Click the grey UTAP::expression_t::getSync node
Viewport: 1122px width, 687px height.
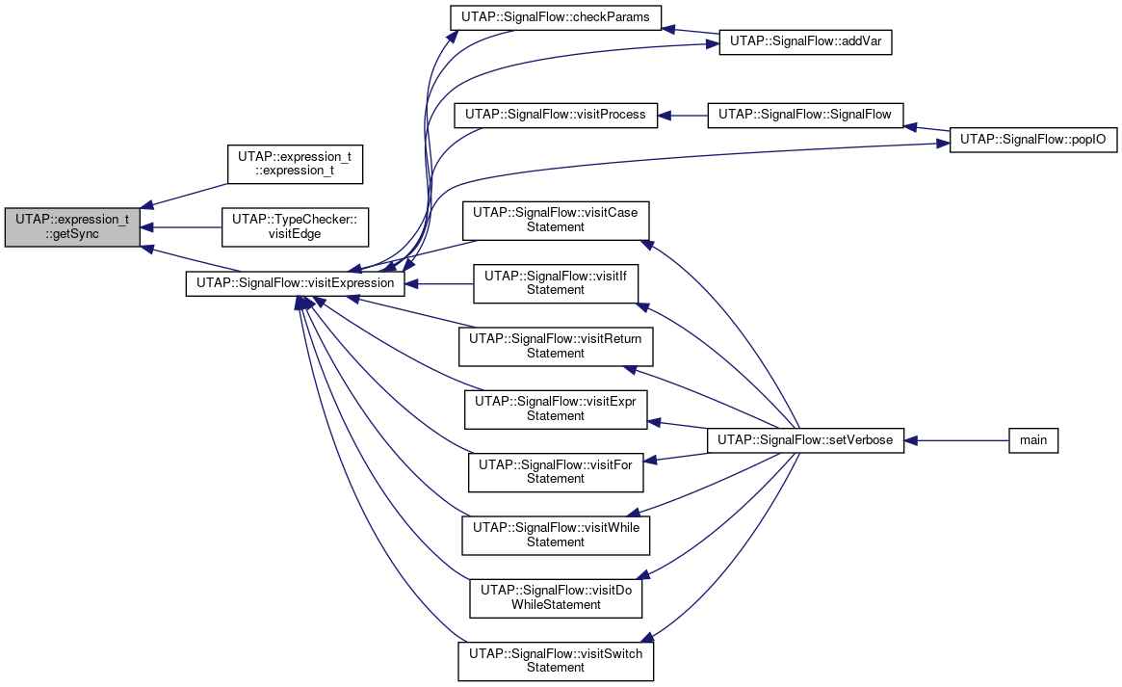coord(72,226)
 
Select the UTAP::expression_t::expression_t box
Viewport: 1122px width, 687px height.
coord(295,164)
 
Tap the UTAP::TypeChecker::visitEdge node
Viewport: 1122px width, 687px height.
coord(295,226)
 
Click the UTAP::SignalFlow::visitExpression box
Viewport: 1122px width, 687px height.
coord(295,283)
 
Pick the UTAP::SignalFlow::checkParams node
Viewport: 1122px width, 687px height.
coord(556,17)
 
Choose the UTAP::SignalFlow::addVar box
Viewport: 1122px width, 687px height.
coord(805,42)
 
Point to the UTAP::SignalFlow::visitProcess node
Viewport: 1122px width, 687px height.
coord(556,116)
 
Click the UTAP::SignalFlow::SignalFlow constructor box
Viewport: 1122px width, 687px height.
coord(805,116)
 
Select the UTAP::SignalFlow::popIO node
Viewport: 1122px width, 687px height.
coord(1033,140)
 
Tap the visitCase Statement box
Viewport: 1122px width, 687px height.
coord(556,221)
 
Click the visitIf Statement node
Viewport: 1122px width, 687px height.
coord(556,283)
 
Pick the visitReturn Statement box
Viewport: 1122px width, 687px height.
coord(556,346)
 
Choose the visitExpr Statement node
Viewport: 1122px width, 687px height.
coord(556,410)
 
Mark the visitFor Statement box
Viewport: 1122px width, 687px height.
coord(556,472)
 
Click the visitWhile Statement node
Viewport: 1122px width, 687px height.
coord(556,536)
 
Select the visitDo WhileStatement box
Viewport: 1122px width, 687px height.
coord(556,598)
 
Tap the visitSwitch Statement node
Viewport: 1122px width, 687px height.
coord(556,661)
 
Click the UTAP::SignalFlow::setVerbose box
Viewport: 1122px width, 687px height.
coord(805,441)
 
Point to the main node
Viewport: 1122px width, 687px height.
coord(1033,441)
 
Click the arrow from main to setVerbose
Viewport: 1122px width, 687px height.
coord(956,441)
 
